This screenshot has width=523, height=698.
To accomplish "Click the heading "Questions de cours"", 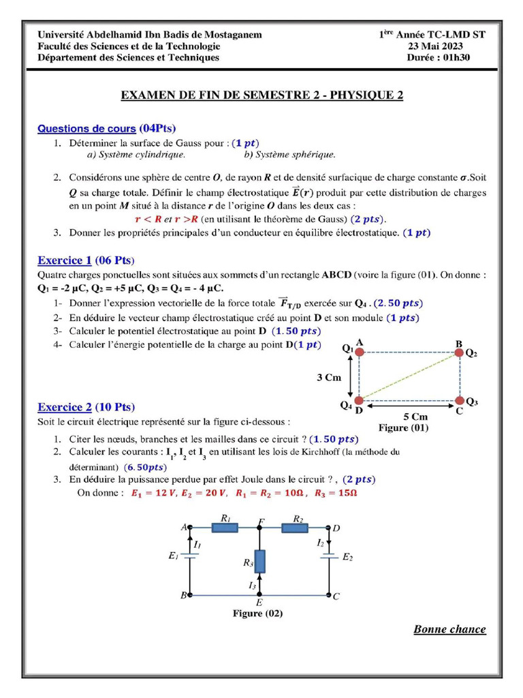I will pyautogui.click(x=86, y=128).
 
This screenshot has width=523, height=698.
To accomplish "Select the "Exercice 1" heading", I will pyautogui.click(x=64, y=260).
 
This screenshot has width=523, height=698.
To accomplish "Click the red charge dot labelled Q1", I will pyautogui.click(x=360, y=352).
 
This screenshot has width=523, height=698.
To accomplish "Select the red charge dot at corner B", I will pyautogui.click(x=459, y=352).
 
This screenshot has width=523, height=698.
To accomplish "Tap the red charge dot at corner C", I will pyautogui.click(x=459, y=400).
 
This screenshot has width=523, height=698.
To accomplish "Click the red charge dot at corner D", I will pyautogui.click(x=360, y=400).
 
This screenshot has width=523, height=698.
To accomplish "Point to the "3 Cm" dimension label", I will pyautogui.click(x=329, y=377).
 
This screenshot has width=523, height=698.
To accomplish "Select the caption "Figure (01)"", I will pyautogui.click(x=404, y=428).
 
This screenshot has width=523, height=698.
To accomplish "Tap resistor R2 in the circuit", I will pyautogui.click(x=296, y=527).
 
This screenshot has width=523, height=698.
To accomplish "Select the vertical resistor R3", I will pyautogui.click(x=259, y=562).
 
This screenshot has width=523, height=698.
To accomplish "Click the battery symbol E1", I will pyautogui.click(x=190, y=556).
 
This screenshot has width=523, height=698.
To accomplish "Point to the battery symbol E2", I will pyautogui.click(x=330, y=556).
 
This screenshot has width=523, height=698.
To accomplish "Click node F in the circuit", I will pyautogui.click(x=259, y=527).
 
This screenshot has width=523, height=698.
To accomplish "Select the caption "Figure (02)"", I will pyautogui.click(x=258, y=613).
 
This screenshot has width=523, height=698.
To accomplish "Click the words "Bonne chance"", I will pyautogui.click(x=449, y=629).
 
